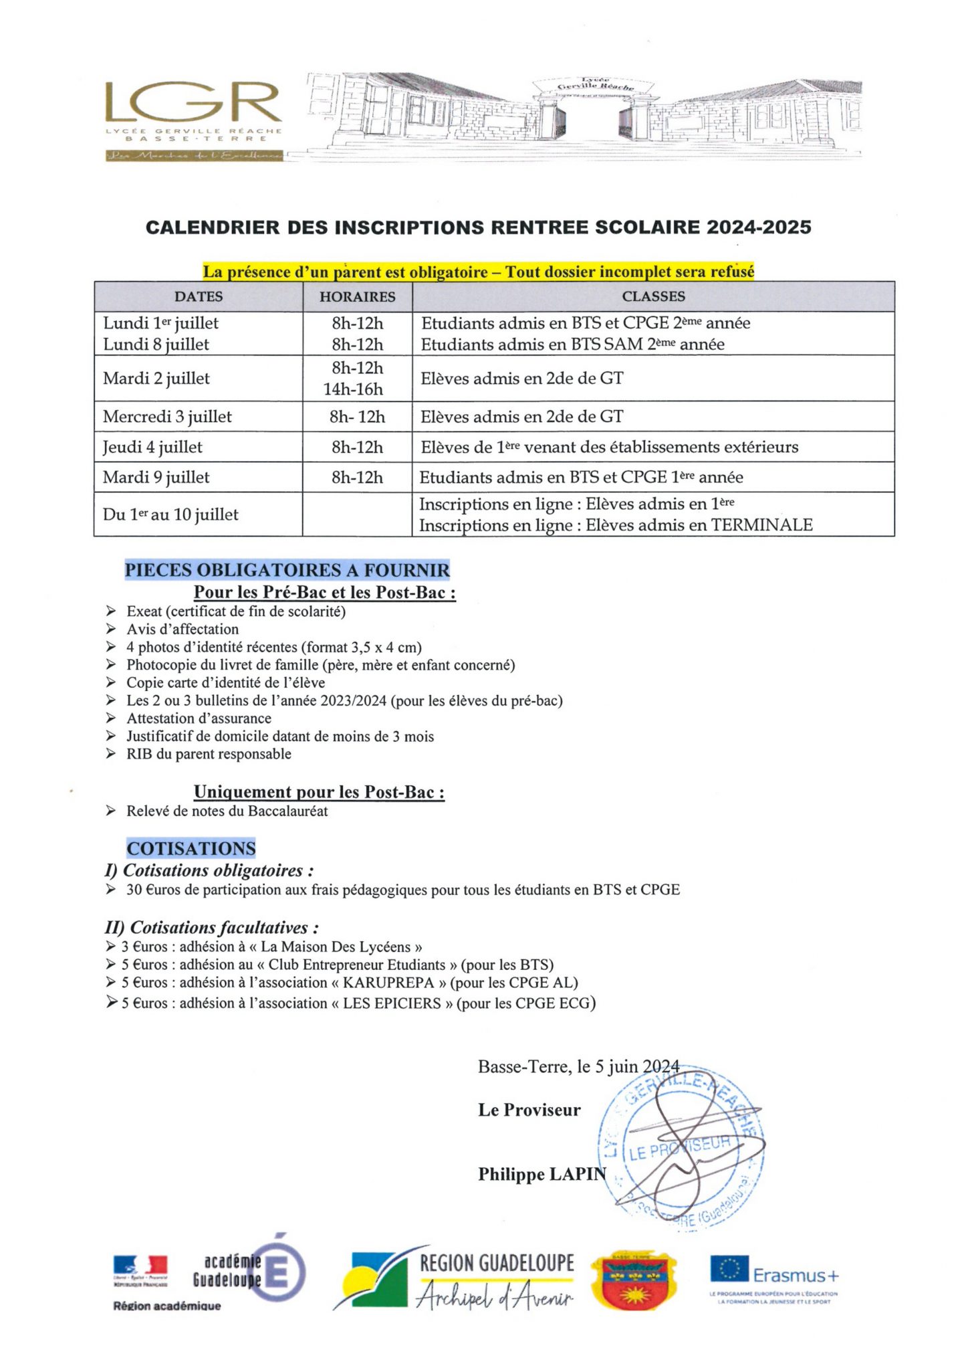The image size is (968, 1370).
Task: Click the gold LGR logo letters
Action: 193,103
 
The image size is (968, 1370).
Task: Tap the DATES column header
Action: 199,296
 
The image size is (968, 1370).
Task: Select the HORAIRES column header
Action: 357,296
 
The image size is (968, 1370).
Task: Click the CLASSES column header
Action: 653,296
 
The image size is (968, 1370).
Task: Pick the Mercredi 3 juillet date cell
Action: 167,417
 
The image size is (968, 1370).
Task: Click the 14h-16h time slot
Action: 353,389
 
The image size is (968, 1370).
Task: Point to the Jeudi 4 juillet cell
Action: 152,447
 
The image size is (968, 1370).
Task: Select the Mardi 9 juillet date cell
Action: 156,478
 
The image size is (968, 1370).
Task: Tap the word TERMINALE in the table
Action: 761,525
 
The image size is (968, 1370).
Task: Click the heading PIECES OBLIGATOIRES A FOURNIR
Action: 287,570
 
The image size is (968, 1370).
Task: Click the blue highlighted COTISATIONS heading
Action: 191,848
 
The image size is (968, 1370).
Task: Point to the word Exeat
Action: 144,611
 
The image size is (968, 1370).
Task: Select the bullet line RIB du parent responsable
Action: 209,754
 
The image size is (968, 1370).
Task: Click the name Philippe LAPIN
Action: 541,1174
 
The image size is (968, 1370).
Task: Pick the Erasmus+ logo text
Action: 796,1276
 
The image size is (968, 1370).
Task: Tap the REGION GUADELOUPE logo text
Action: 497,1263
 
